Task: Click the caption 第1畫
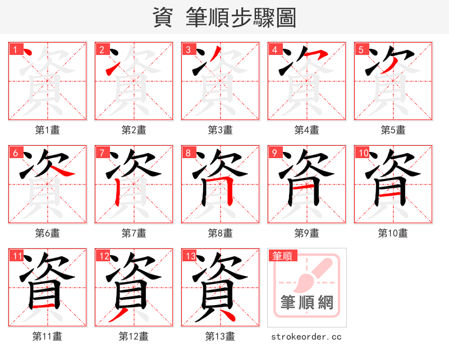[48, 130]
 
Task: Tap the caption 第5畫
[393, 130]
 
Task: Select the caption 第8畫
[220, 233]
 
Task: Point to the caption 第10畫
[393, 233]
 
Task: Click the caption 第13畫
[220, 336]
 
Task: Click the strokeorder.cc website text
[306, 337]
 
